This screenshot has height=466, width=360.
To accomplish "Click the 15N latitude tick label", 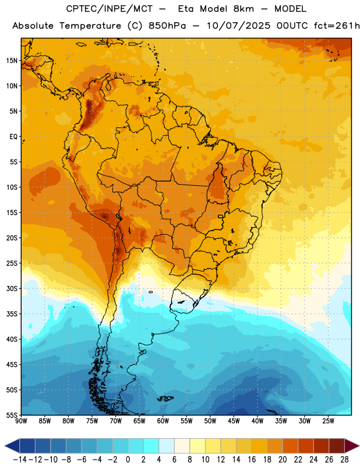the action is coord(12,61).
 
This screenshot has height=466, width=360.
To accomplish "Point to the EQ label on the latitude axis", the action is coord(13,137).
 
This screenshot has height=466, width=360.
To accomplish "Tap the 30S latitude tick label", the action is coord(12,288).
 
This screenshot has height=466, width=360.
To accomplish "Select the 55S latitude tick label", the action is coord(12,415).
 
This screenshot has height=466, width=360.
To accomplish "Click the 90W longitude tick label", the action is coord(21,421).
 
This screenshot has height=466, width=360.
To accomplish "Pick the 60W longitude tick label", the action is coord(163,421).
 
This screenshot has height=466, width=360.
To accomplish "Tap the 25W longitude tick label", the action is coord(328,421).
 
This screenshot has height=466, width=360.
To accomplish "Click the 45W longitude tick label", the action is coord(234,421).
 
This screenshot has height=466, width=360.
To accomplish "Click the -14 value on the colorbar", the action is coord(20,460).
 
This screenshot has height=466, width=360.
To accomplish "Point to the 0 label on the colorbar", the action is coord(128,460).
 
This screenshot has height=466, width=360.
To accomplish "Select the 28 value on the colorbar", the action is coord(344,460).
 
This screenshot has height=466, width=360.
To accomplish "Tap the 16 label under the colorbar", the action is coord(252,460).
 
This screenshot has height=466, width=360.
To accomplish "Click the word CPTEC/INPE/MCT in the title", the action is coord(110,9).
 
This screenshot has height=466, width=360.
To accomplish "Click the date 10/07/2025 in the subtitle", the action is coord(239,26).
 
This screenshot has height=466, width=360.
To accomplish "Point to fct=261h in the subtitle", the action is coord(337,26).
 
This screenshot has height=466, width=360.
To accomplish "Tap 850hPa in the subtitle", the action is coord(167,26).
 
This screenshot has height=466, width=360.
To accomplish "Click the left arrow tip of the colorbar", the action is coord(5,446).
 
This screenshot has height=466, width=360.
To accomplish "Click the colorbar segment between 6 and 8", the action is coord(182,446).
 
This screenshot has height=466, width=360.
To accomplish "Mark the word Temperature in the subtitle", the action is coord(90,26).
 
